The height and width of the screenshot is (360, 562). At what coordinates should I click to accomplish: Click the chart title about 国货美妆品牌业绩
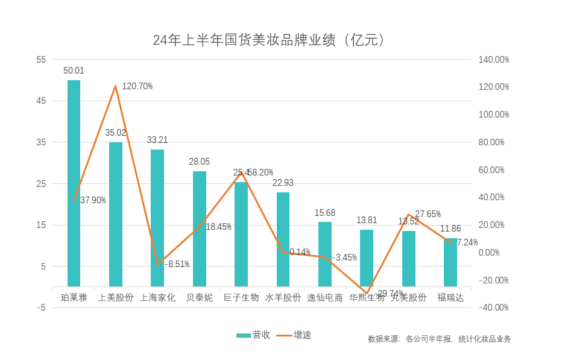[x=269, y=40]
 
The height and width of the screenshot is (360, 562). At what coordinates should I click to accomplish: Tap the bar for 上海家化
[x=157, y=218]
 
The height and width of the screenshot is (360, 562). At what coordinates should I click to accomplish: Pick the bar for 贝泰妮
[x=199, y=229]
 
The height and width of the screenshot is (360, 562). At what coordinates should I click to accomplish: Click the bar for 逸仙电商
[x=324, y=254]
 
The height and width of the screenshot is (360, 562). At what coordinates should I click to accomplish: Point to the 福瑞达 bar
[x=450, y=263]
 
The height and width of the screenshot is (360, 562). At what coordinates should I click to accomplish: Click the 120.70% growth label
[x=137, y=86]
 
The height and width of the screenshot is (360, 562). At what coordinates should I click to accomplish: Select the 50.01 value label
[x=74, y=71]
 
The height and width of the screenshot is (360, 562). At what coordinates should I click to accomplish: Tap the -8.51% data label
[x=176, y=264]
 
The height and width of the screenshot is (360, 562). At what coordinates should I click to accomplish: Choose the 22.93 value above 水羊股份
[x=283, y=183]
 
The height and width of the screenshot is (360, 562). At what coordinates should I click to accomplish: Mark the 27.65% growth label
[x=428, y=214]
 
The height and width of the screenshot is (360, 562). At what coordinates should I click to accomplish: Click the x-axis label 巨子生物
[x=241, y=297]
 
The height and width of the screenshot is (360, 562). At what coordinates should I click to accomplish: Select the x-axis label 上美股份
[x=116, y=297]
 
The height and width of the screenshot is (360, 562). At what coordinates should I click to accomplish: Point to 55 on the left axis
[x=41, y=60]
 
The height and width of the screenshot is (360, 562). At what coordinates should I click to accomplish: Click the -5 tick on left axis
[x=41, y=308]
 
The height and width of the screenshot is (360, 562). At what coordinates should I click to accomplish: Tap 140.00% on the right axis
[x=493, y=60]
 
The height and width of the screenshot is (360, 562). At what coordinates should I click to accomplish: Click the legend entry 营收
[x=253, y=335]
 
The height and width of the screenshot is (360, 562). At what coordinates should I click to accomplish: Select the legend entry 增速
[x=295, y=335]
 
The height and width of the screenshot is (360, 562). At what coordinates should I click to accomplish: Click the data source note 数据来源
[x=439, y=339]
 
